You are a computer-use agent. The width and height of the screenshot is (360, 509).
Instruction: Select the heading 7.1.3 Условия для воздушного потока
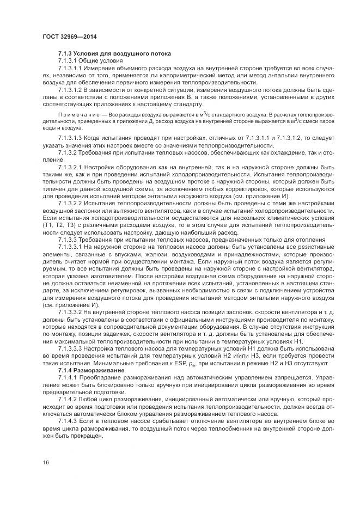[x=114, y=53]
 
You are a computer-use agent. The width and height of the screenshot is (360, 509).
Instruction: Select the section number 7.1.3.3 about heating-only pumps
[x=69, y=240]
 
